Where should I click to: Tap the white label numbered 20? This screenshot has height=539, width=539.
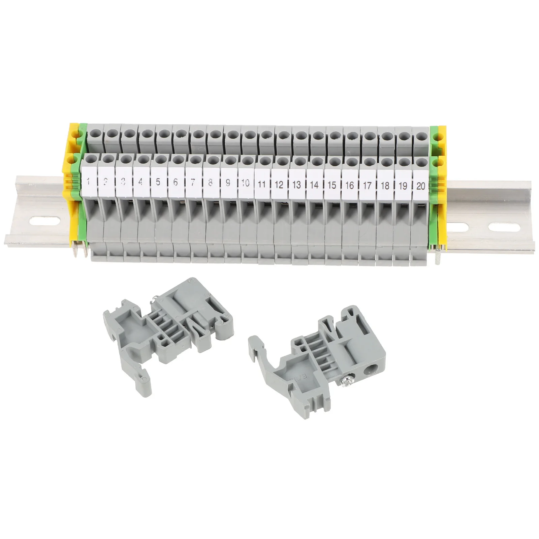(x=420, y=186)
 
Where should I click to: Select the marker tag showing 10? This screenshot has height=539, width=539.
(x=245, y=183)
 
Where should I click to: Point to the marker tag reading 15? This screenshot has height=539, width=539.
(x=332, y=185)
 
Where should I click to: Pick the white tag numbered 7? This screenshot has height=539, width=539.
(x=193, y=182)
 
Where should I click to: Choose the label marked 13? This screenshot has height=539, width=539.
(x=297, y=184)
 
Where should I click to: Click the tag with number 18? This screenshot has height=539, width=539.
(x=385, y=186)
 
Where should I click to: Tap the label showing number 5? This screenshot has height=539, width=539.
(x=158, y=182)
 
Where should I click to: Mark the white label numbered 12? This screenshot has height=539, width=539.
(x=279, y=184)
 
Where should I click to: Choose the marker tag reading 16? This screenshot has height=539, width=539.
(x=350, y=185)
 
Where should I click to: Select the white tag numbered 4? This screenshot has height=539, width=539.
(x=140, y=182)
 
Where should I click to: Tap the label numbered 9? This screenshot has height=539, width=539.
(x=228, y=183)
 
